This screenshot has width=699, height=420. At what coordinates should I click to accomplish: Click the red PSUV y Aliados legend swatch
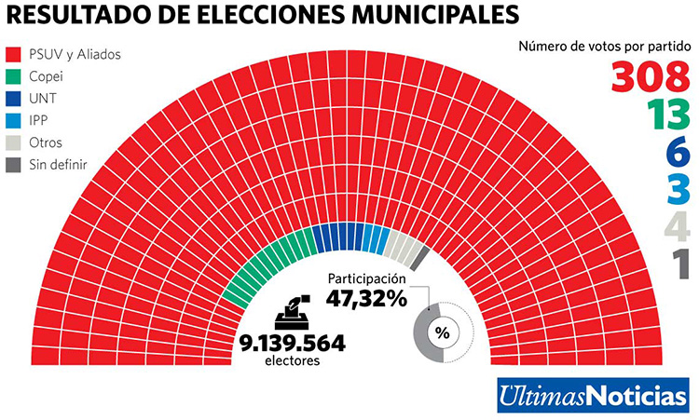click(x=13, y=55)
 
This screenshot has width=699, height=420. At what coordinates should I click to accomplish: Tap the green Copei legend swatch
click(x=13, y=77)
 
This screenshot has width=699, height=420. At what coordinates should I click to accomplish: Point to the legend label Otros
click(x=47, y=143)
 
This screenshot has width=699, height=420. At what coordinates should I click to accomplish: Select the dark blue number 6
click(x=678, y=153)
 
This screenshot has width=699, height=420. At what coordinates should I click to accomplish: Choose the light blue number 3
click(x=678, y=189)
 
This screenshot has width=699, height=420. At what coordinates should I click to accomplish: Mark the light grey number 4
click(x=678, y=226)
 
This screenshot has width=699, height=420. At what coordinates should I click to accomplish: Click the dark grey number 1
click(x=680, y=263)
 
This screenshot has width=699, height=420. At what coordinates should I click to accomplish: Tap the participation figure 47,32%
click(x=366, y=299)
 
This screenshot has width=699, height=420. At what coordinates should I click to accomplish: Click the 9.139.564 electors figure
click(x=291, y=343)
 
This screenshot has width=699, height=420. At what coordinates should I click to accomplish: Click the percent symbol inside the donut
click(x=442, y=332)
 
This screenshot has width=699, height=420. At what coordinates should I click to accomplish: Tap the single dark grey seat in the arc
click(x=420, y=257)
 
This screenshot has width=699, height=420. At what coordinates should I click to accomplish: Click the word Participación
click(x=367, y=279)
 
